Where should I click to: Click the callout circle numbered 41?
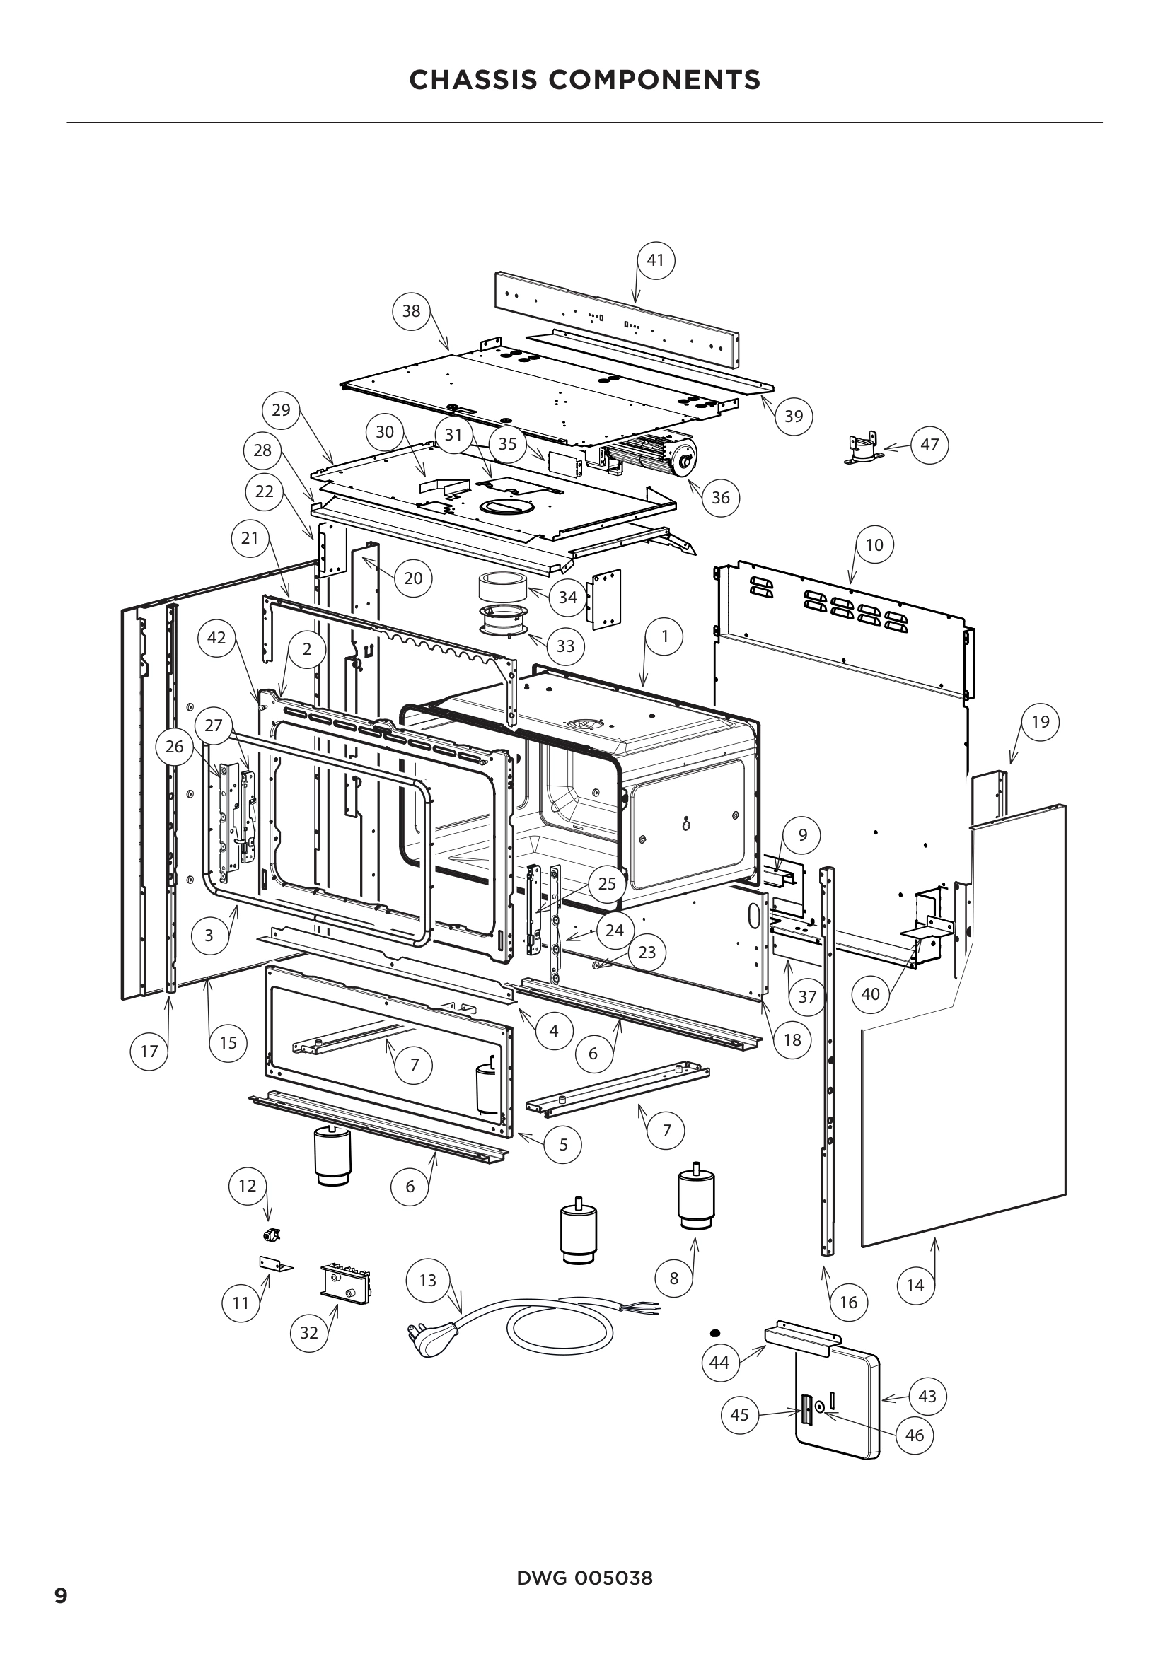pos(656,260)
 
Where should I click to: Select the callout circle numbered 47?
pos(929,445)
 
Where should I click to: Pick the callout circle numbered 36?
pos(720,497)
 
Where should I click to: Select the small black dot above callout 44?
pos(715,1332)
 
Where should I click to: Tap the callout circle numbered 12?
pos(247,1186)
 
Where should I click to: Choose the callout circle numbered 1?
pos(664,636)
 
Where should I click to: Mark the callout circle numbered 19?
pos(1041,722)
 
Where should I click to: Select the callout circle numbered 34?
pos(568,598)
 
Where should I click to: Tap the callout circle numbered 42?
pos(217,638)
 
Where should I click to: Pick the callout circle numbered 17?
pos(149,1051)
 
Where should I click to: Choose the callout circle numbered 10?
pos(874,544)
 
